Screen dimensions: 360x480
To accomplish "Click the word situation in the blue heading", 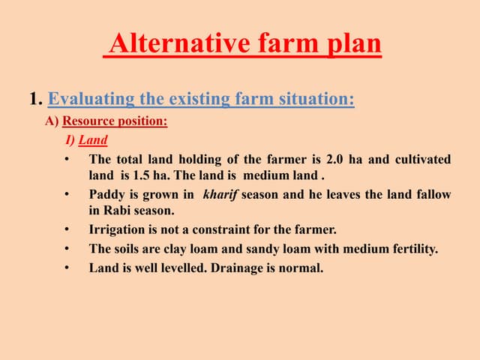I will point(316,98).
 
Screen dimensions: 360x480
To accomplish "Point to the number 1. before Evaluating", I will point(35,98).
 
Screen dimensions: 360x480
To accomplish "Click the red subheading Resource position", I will point(115,121).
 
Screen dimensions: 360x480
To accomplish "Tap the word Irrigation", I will point(118,229).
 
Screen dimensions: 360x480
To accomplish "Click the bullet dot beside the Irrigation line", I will point(67,229).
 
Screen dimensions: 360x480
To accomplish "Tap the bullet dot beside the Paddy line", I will point(67,194).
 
